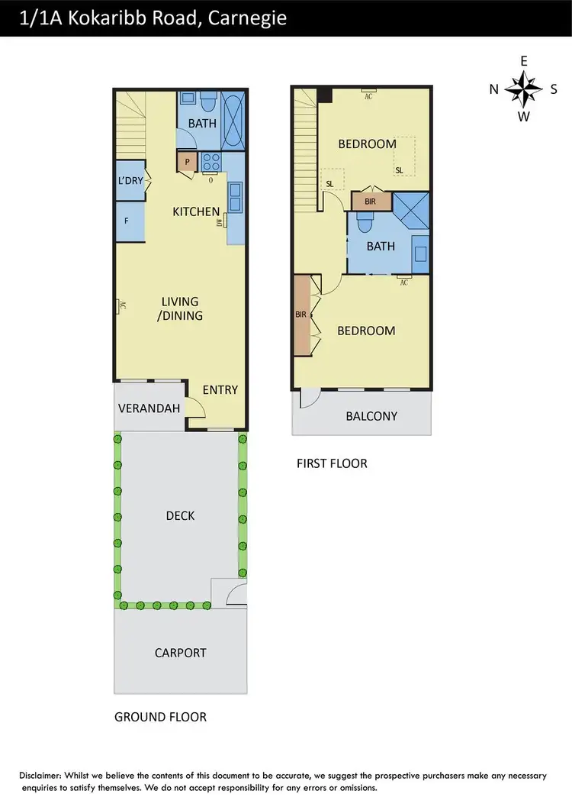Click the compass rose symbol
[523, 89]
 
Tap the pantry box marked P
[187, 162]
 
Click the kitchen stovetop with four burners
[211, 162]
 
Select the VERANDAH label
[149, 408]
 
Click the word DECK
[180, 515]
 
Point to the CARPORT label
[180, 653]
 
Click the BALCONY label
[371, 416]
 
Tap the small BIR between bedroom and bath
[371, 201]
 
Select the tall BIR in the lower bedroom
[302, 315]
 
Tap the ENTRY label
[220, 389]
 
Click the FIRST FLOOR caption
[332, 463]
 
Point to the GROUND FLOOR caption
[160, 717]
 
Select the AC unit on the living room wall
[121, 306]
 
